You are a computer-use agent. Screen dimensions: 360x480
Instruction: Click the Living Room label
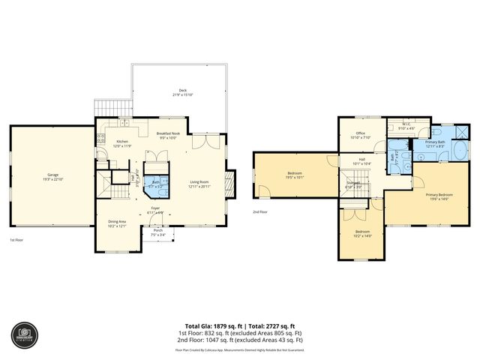199,181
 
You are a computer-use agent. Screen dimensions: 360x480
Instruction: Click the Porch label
158,230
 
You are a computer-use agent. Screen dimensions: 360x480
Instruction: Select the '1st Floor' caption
16,240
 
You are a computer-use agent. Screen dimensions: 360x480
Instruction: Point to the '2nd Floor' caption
259,211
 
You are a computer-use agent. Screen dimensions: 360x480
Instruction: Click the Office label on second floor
361,133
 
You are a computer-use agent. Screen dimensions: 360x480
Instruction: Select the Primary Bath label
436,142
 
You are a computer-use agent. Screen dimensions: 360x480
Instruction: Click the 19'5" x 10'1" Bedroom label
294,175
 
